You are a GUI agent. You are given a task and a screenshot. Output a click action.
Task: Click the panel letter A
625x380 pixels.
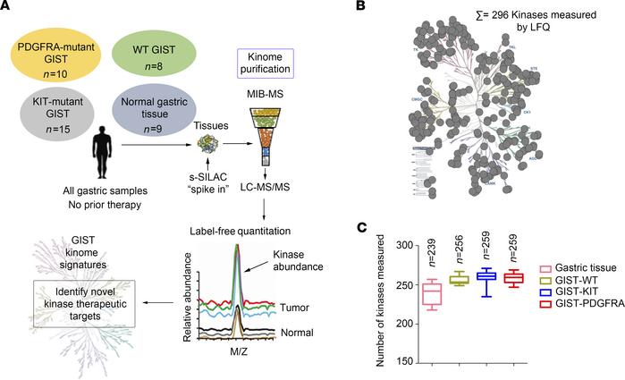(7, 8)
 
